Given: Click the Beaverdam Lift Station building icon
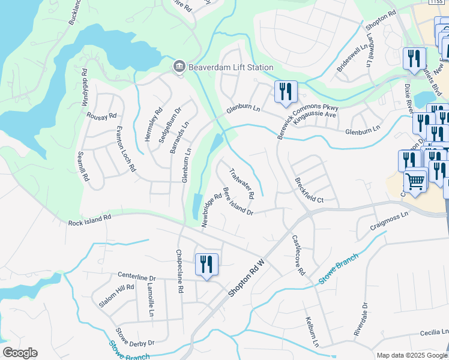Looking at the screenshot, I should tap(178, 67).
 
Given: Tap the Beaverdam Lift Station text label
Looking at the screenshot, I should tap(230, 68).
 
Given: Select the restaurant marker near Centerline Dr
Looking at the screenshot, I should tap(206, 265).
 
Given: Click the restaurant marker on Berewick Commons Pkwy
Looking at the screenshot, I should tap(285, 92).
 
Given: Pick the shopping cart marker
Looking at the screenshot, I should tap(414, 181).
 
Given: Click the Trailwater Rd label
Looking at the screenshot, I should tap(243, 184).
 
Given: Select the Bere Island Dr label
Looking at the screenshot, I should tap(238, 201).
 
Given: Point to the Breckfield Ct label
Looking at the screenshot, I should tap(309, 190).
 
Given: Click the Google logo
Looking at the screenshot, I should tap(20, 353).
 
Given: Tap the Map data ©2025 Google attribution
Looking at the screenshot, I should tap(412, 355).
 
